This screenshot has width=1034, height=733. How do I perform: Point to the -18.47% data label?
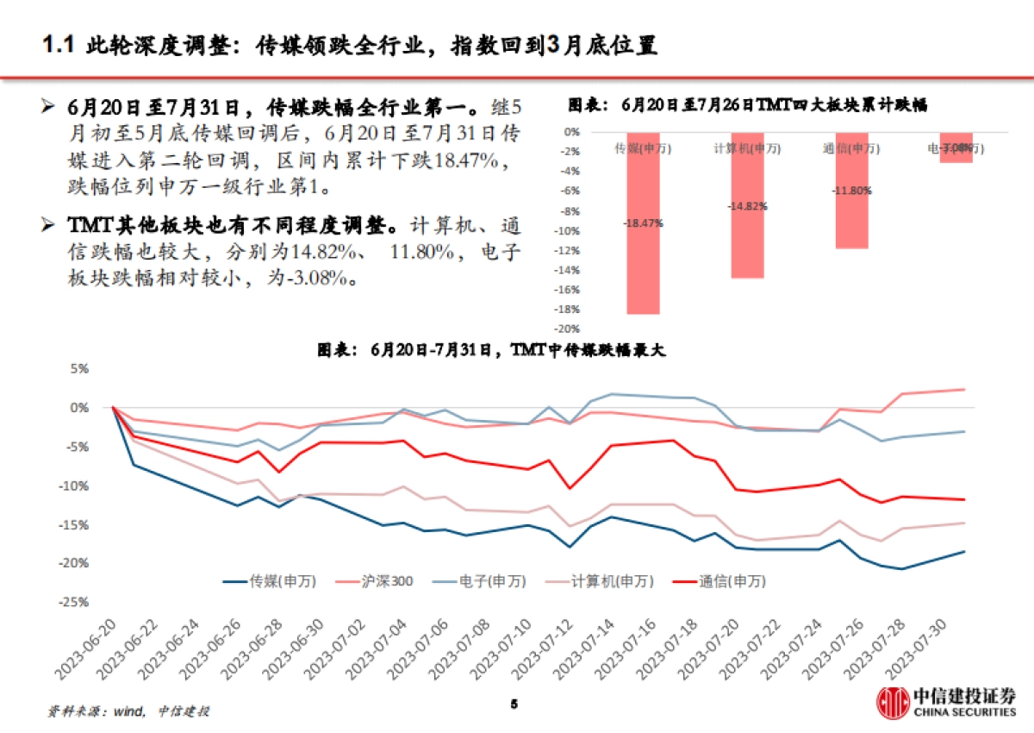[643, 222]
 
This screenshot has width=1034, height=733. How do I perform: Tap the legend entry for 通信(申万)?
[716, 581]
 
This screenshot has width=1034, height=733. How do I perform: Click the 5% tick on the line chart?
[79, 368]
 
